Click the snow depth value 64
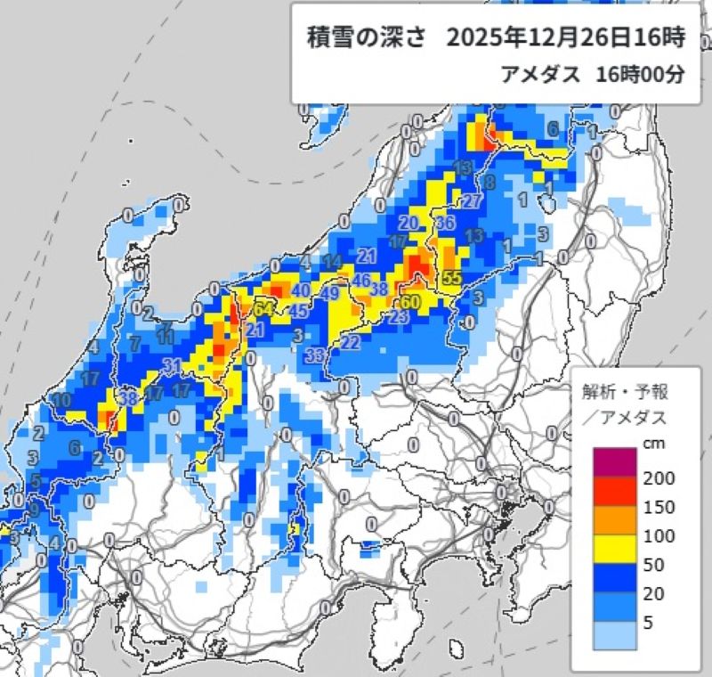263,309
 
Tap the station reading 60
410,303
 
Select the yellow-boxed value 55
451,278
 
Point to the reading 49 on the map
329,293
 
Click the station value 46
361,281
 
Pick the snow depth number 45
299,311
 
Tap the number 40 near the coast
301,290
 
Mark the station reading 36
447,222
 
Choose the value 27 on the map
473,201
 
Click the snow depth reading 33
313,355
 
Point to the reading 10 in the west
61,401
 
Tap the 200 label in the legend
659,478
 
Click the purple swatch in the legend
615,461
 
